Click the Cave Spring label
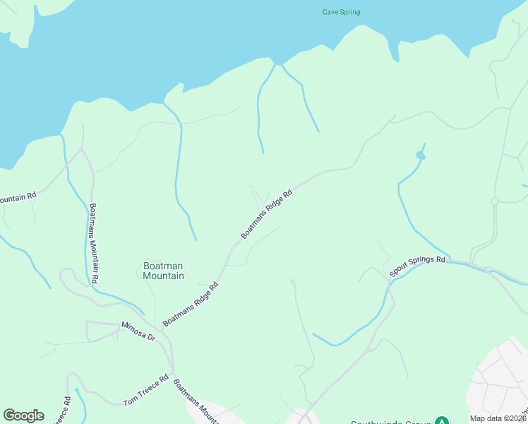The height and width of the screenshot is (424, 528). point(341,12)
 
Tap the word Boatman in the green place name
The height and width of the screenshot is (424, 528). point(163,266)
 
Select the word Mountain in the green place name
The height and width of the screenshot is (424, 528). point(163,276)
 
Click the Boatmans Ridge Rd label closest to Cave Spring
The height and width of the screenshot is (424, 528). point(267,213)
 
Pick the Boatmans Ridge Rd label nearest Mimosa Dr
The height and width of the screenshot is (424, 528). point(191,305)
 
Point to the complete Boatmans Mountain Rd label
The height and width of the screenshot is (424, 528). point(94,244)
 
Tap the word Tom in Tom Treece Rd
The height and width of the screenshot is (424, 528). point(130,402)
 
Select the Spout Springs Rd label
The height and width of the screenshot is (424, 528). point(418,268)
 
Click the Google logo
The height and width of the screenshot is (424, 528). point(23,416)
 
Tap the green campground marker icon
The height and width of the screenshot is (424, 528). point(442,421)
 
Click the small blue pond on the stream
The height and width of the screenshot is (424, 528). point(421,155)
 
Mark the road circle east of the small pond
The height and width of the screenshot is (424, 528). point(495,201)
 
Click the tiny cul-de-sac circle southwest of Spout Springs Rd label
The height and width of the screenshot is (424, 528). point(292,281)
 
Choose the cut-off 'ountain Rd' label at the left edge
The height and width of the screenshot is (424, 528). point(18,196)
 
